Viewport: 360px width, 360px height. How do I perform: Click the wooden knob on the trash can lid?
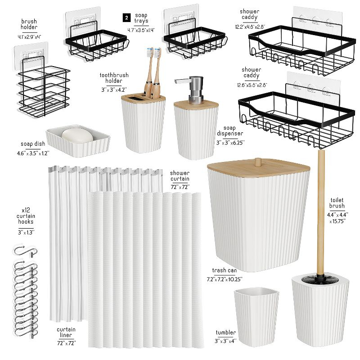258,162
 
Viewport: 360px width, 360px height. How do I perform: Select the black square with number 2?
126,17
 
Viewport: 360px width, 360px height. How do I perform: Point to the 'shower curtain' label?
180,176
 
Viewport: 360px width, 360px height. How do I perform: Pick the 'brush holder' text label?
29,24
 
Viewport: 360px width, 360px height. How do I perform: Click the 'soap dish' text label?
32,144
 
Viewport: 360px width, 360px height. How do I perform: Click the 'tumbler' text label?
225,333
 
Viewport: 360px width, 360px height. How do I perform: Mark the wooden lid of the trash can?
258,169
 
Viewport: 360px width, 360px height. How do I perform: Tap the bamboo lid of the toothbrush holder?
143,98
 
